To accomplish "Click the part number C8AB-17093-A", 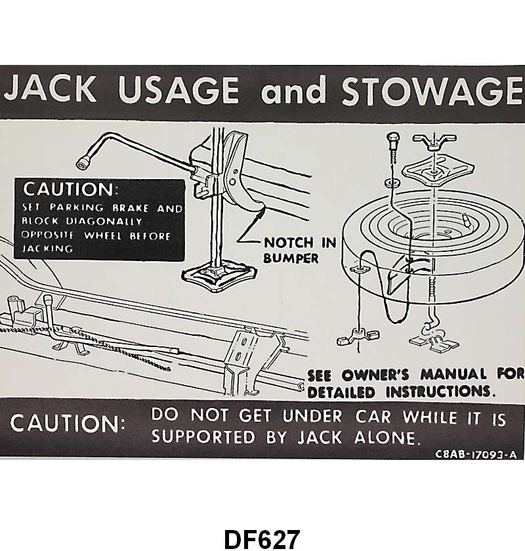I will pos(476,453).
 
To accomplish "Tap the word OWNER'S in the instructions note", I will pos(377,376).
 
